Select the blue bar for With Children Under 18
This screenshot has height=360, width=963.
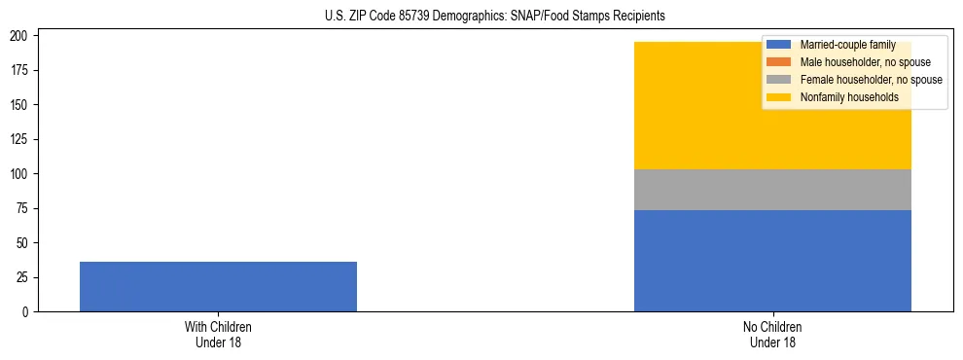pos(218,286)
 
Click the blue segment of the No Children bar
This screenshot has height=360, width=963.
pos(772,261)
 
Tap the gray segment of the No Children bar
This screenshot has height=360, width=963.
pos(772,190)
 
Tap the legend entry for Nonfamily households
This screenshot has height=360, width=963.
pos(849,97)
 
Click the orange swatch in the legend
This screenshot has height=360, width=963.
pos(779,62)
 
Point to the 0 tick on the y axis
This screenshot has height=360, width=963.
pos(28,312)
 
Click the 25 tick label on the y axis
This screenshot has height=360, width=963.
pos(25,277)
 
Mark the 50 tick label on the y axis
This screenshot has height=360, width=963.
pos(25,243)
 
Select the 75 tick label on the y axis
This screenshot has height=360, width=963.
pos(25,208)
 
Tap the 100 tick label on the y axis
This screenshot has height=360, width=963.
pos(22,174)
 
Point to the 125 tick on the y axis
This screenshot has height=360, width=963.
pos(22,139)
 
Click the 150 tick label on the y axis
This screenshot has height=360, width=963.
pos(22,105)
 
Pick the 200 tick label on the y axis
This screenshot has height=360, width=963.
pos(22,36)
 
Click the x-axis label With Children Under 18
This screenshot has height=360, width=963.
pos(218,335)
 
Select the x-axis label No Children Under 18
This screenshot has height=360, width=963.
pos(772,335)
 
